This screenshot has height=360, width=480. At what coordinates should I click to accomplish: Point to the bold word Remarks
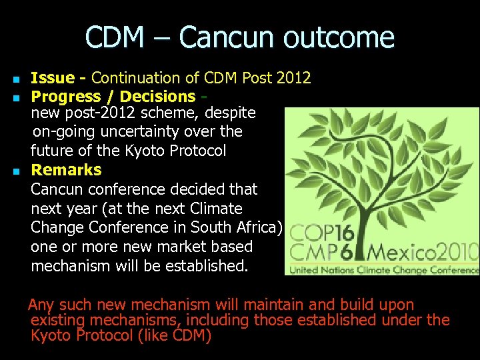[x=66, y=169]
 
